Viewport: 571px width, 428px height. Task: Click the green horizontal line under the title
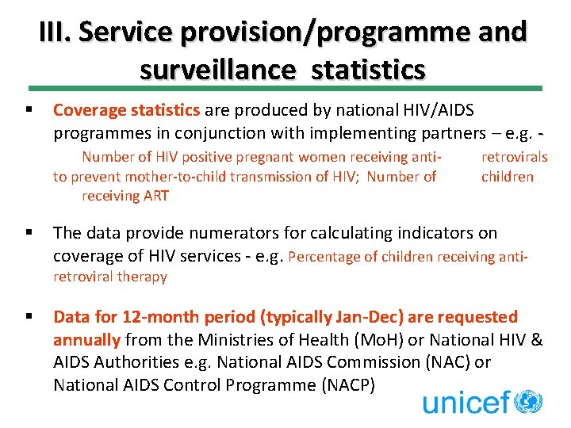pyautogui.click(x=285, y=88)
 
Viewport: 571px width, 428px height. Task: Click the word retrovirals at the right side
pyautogui.click(x=514, y=157)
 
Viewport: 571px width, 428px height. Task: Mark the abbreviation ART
pyautogui.click(x=154, y=196)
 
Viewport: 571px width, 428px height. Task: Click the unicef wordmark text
pyautogui.click(x=466, y=402)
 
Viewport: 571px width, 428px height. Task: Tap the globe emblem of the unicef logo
pyautogui.click(x=528, y=400)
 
